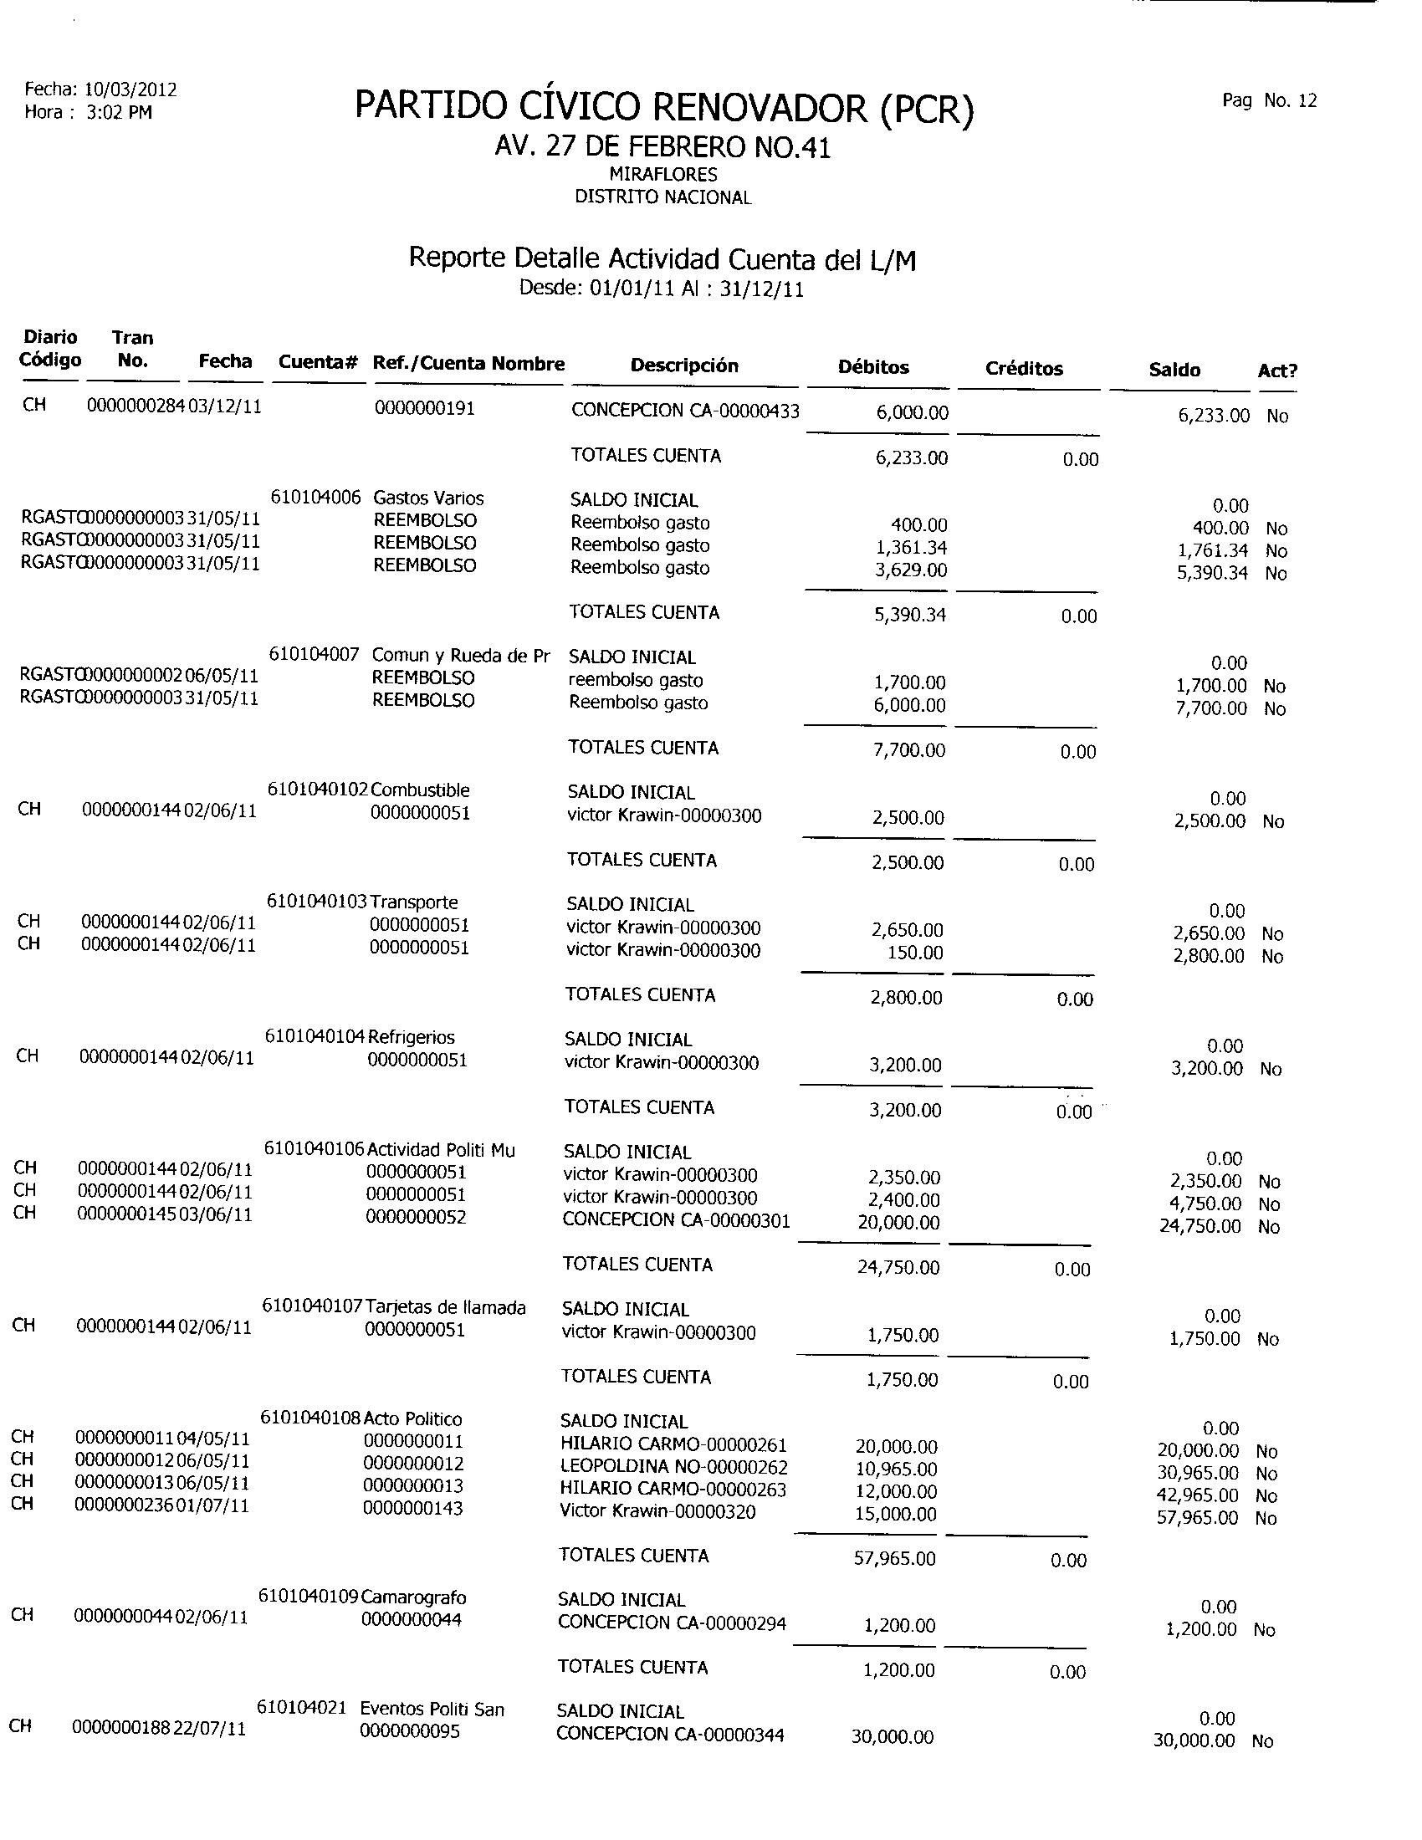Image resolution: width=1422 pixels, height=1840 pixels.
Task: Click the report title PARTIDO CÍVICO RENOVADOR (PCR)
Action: coord(664,108)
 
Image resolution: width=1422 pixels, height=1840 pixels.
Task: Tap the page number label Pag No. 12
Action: coord(1269,101)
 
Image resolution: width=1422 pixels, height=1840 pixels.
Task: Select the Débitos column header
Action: coord(873,367)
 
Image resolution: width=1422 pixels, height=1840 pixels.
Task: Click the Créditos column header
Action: coord(1024,369)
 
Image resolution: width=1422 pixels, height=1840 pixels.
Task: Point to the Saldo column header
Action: coord(1174,370)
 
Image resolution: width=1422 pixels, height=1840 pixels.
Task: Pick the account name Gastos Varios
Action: coord(428,498)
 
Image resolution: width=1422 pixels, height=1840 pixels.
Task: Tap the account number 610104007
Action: coord(315,655)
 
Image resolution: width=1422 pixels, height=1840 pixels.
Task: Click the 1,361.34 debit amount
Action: coord(913,548)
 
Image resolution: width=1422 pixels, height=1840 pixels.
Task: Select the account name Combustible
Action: coord(420,790)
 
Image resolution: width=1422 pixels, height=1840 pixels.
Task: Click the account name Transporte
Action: coord(413,902)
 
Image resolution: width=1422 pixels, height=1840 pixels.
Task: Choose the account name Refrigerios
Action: coord(411,1037)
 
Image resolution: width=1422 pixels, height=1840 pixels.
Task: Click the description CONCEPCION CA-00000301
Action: coord(676,1220)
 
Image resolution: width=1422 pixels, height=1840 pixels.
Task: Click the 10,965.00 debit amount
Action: coord(896,1469)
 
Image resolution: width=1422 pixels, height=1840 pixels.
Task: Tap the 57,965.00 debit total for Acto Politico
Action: coord(895,1559)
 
